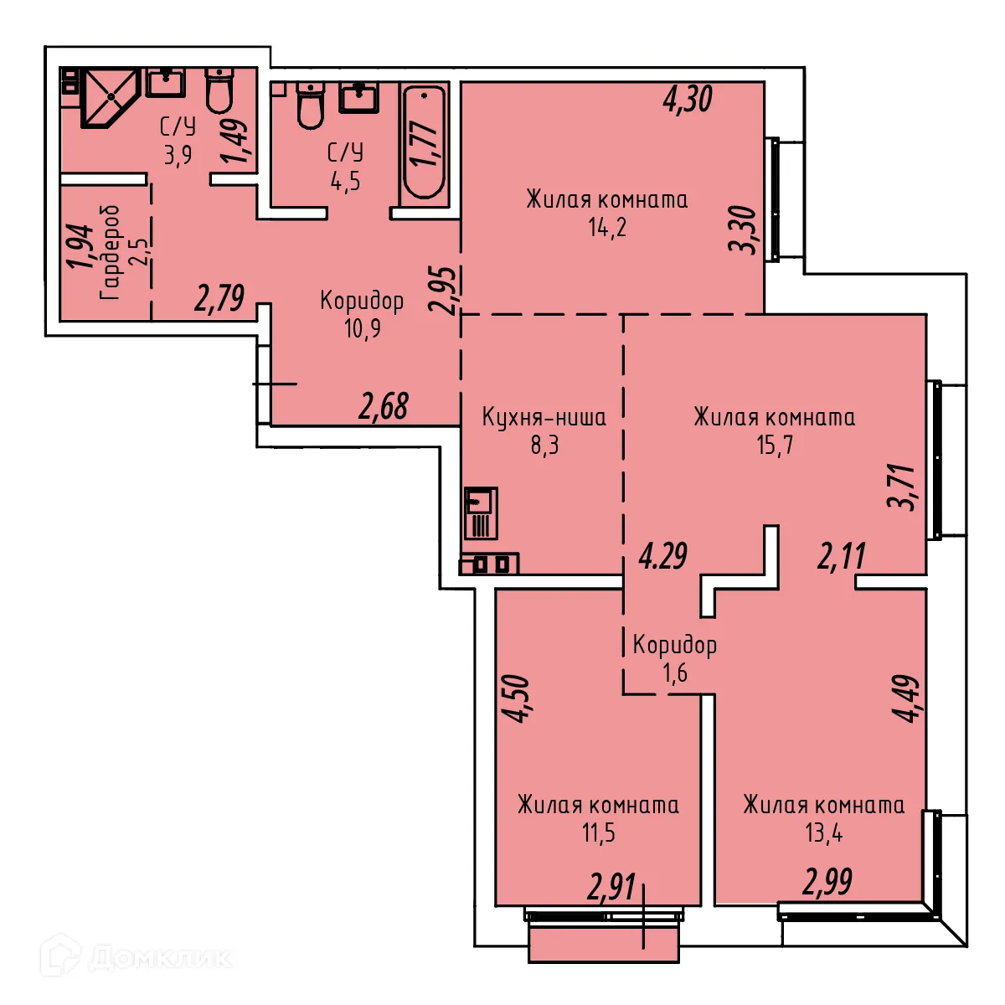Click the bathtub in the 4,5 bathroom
coord(425,142)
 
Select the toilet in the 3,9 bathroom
coord(219,90)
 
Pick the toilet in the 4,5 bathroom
coord(310,106)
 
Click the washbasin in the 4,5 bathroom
coord(359,97)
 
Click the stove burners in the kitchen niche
coord(489,564)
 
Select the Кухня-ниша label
coord(544,417)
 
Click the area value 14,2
coord(607,227)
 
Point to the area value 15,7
coord(775,445)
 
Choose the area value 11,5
coord(599,833)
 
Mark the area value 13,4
coord(824,833)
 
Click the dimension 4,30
coord(688,100)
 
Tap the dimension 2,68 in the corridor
coord(384,407)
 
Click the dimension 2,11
coord(842,556)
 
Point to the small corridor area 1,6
coord(675,673)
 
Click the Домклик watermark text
coord(159,957)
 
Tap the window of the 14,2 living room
coord(776,198)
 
